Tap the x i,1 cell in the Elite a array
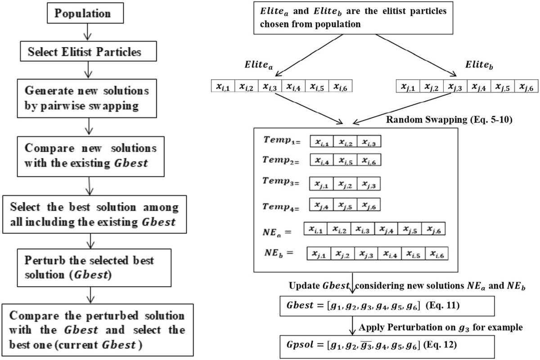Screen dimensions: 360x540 pyautogui.click(x=223, y=86)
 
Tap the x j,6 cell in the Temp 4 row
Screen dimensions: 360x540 pyautogui.click(x=369, y=205)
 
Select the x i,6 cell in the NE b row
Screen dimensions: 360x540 pyautogui.click(x=436, y=254)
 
